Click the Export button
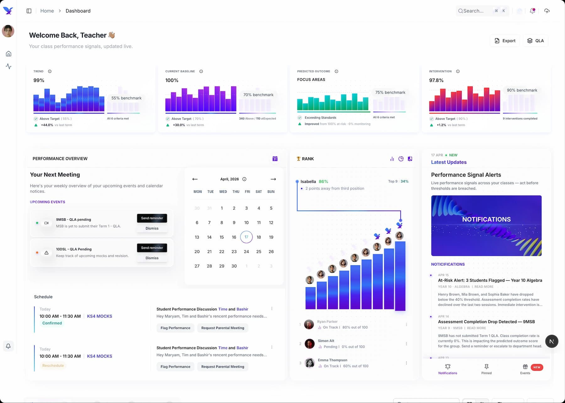tap(505, 41)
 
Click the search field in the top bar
tap(474, 11)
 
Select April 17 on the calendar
tap(246, 237)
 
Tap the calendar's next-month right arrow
tap(273, 179)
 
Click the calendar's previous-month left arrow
tap(195, 179)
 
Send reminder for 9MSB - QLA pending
tap(152, 218)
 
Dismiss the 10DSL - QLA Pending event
tap(152, 258)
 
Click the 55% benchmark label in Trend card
tap(126, 98)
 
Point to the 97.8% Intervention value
tap(436, 81)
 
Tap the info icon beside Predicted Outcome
tap(336, 72)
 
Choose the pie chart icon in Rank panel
tap(401, 159)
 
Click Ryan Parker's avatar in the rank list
tap(309, 325)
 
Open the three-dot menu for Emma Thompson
tap(406, 363)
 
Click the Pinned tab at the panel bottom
tap(486, 369)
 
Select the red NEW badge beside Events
tap(537, 367)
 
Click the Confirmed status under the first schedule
tap(52, 323)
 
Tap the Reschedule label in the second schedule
tap(53, 366)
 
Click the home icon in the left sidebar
tap(9, 54)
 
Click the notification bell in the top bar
tap(533, 11)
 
